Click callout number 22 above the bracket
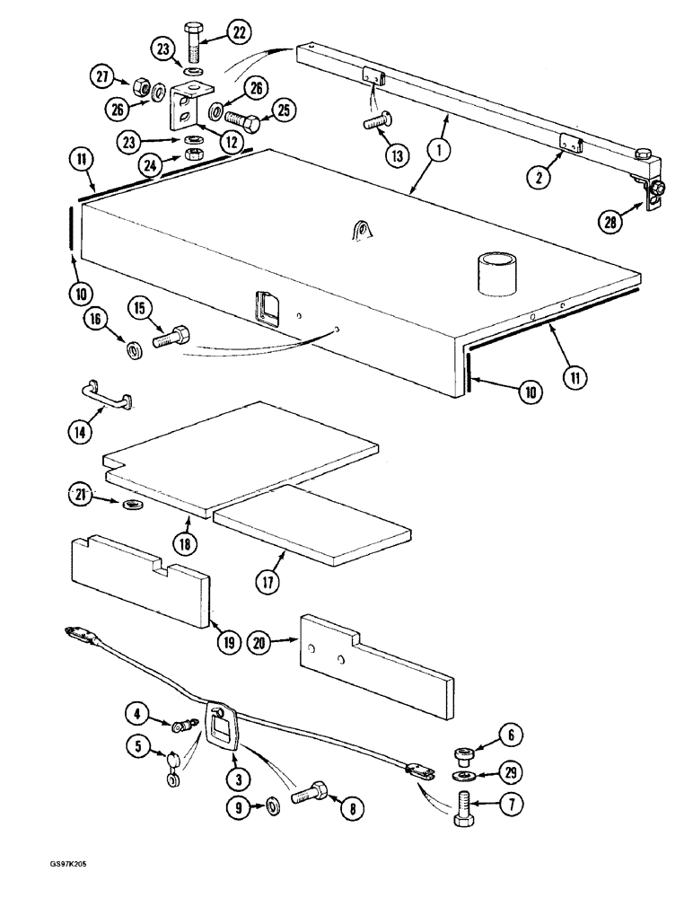pos(239,33)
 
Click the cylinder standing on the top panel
pos(495,272)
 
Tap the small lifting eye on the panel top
pos(362,232)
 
